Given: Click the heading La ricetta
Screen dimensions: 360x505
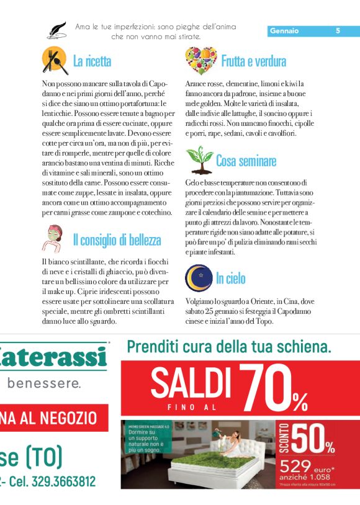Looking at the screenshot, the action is pos(92,61).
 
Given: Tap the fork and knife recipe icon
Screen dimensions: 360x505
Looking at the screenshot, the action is pos(55,60).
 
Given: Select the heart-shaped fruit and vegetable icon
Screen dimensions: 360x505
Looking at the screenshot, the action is pos(200,60).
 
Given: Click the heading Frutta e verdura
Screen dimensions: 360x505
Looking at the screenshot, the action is pos(253,61).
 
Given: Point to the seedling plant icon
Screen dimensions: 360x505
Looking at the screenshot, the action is pos(199,160).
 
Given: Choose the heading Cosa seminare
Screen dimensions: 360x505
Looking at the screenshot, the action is pos(246,161).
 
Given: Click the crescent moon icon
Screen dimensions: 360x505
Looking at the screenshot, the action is pos(199,278).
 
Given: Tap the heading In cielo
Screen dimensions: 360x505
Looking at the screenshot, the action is pos(230,279).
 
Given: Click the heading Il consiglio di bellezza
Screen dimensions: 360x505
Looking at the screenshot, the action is pos(117,240).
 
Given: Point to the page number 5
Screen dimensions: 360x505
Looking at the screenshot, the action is pos(338,31).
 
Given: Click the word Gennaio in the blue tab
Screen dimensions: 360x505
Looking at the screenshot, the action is pos(284,31).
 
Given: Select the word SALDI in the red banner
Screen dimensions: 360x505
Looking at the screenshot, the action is pos(186,383).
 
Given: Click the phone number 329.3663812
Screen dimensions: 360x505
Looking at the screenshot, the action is pos(61,481).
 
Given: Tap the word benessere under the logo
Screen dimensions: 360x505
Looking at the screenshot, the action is pos(44,383).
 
